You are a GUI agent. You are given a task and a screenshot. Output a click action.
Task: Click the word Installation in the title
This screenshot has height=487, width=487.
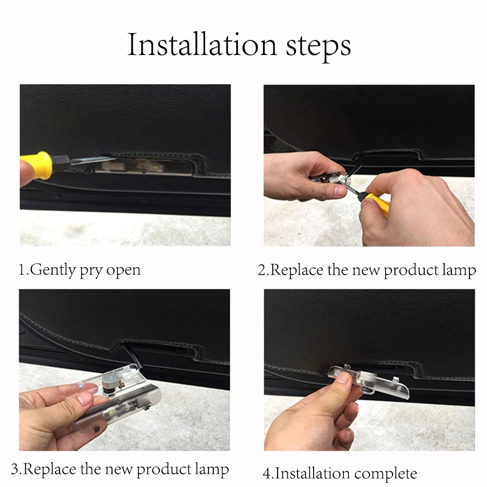[202, 45]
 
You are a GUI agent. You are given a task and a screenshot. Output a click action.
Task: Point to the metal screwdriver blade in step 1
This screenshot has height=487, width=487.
[93, 160]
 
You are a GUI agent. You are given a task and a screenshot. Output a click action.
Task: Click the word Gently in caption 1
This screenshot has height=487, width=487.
[53, 270]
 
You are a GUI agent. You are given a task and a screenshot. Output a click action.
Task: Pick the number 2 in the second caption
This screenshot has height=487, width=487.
[262, 270]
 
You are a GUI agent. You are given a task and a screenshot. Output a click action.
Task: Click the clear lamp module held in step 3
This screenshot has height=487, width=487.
[118, 397]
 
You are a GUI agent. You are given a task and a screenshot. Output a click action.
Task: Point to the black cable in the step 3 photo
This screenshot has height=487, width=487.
[131, 354]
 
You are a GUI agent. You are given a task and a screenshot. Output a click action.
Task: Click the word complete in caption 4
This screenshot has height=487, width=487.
[385, 474]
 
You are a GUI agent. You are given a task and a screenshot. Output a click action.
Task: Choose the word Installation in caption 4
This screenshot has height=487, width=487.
[313, 473]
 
